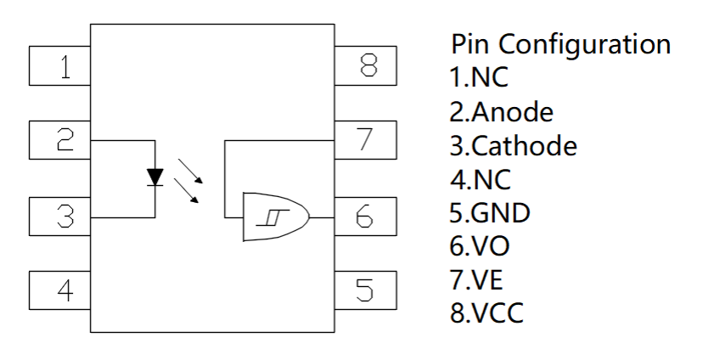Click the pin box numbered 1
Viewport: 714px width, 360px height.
coord(60,67)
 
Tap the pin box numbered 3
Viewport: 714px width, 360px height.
coord(60,218)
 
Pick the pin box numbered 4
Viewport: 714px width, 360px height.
coord(60,292)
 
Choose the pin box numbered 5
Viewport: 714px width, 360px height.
coord(364,292)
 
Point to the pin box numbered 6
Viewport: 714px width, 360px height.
coord(364,218)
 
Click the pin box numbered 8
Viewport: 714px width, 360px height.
coord(364,67)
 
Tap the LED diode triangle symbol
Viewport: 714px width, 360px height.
coord(155,177)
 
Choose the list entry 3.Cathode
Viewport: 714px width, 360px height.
coord(513,145)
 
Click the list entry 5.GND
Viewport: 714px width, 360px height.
coord(490,212)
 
